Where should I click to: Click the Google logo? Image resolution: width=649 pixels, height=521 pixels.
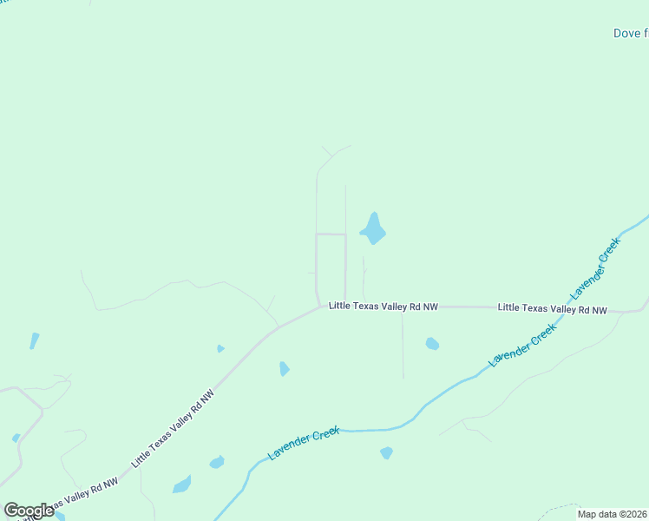click(x=29, y=511)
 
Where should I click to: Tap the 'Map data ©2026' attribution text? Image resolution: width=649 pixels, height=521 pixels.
click(x=613, y=514)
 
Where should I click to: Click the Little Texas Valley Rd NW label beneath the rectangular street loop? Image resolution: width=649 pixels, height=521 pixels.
click(x=383, y=307)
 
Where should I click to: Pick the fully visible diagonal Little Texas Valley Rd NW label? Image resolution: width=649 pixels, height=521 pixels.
click(x=173, y=429)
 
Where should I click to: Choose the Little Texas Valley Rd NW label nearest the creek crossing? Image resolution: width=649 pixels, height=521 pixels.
click(x=552, y=308)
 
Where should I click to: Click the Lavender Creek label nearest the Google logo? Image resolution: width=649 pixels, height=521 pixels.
click(x=303, y=443)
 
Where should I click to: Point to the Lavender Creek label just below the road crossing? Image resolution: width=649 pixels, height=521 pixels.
click(x=522, y=346)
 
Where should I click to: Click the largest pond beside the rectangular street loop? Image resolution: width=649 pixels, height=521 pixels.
click(x=374, y=229)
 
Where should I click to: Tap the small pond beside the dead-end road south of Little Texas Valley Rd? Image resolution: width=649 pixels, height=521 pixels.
click(x=432, y=344)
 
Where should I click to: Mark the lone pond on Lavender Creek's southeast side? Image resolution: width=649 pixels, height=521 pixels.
click(x=386, y=452)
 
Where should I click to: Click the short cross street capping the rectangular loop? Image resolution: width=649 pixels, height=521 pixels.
click(x=331, y=234)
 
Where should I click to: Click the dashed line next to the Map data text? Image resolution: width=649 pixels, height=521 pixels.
click(x=560, y=505)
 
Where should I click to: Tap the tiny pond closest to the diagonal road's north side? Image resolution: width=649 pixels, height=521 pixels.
click(x=220, y=349)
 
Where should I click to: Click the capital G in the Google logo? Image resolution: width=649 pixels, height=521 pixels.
click(x=12, y=511)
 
